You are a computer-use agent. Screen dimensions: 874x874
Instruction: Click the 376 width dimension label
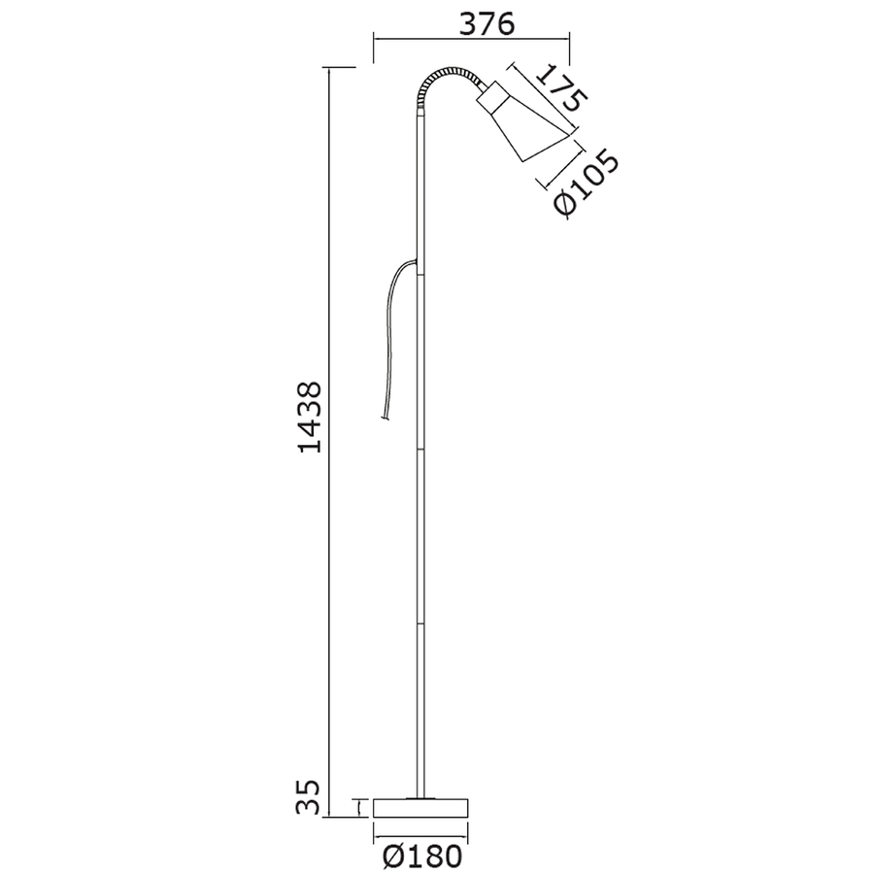[487, 24]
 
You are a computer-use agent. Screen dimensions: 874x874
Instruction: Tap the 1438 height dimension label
[310, 417]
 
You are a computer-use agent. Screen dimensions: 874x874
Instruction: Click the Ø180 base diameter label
[423, 856]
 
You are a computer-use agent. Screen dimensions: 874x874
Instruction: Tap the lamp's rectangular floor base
[420, 808]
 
